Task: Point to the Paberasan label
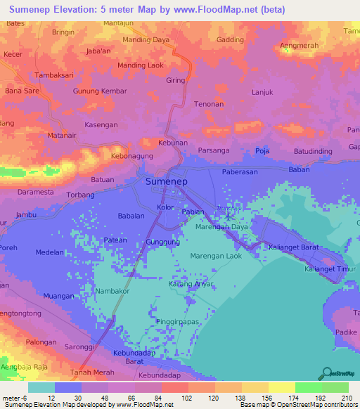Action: click(x=240, y=171)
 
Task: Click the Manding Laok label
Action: click(x=139, y=66)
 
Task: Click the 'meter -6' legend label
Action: click(x=15, y=397)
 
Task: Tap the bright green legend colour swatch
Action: click(x=308, y=387)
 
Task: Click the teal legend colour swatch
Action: click(x=41, y=387)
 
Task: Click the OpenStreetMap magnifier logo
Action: click(x=326, y=373)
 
